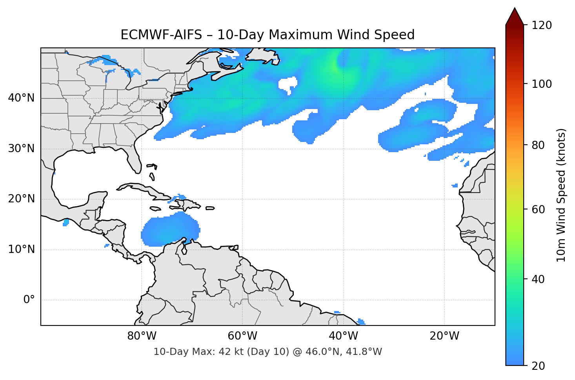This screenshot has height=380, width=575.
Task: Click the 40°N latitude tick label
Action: pyautogui.click(x=21, y=98)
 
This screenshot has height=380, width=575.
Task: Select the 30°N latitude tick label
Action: pyautogui.click(x=21, y=149)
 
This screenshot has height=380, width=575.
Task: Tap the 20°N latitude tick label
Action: pyautogui.click(x=21, y=199)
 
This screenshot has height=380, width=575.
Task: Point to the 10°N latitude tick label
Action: pyautogui.click(x=21, y=249)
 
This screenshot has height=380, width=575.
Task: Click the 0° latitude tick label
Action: pyautogui.click(x=29, y=300)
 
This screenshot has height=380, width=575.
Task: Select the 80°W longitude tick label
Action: pyautogui.click(x=142, y=336)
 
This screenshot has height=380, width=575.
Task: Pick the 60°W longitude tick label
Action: pyautogui.click(x=242, y=336)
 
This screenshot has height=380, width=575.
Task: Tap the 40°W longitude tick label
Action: pyautogui.click(x=343, y=336)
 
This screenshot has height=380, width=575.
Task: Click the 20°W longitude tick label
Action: pyautogui.click(x=444, y=336)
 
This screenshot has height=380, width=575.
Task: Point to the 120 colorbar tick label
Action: pyautogui.click(x=542, y=25)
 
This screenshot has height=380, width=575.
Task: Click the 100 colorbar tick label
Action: pyautogui.click(x=542, y=84)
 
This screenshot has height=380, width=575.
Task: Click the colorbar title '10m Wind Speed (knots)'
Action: pyautogui.click(x=561, y=195)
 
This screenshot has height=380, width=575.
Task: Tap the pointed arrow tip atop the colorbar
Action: pyautogui.click(x=515, y=9)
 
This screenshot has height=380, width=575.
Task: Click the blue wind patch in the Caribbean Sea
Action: pyautogui.click(x=169, y=231)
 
